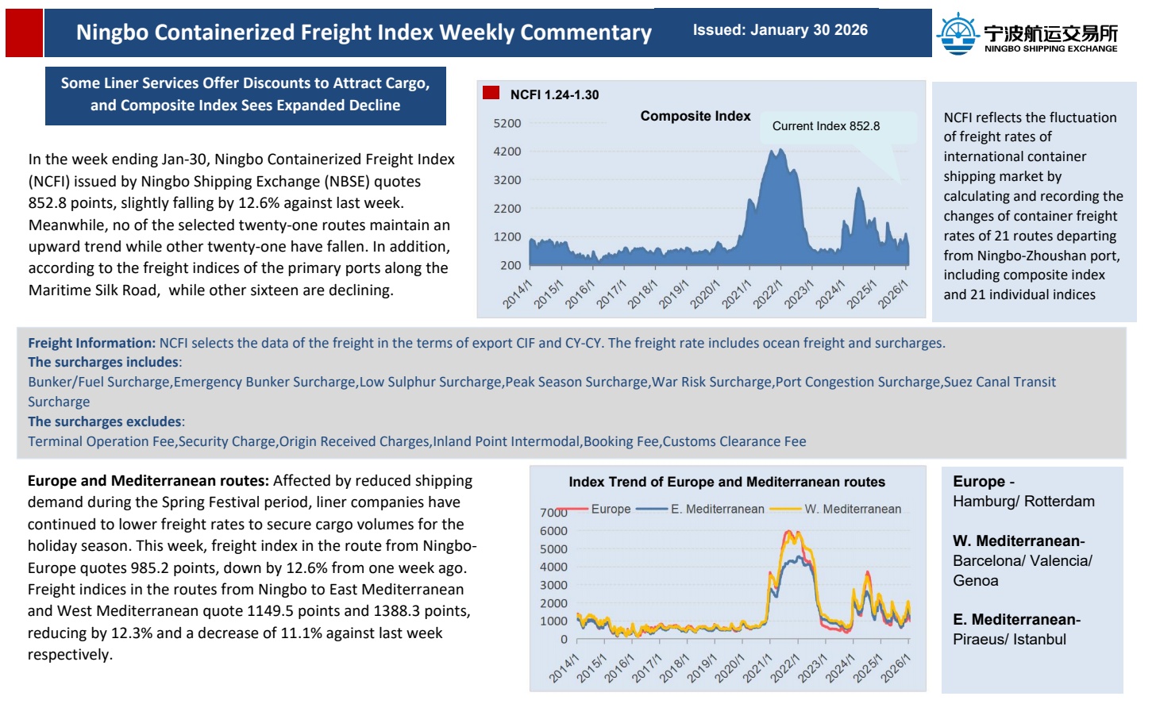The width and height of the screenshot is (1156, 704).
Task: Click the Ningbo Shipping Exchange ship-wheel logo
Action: tap(958, 33)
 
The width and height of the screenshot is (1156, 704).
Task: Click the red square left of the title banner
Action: tap(24, 33)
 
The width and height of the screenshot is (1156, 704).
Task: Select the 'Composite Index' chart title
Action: tap(695, 116)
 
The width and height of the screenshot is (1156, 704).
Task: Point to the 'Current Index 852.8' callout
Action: tap(826, 126)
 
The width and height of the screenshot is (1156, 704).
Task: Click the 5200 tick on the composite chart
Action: tap(507, 124)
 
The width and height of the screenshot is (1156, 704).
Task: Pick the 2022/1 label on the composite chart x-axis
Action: tap(767, 294)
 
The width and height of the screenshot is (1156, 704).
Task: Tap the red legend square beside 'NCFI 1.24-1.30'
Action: tap(491, 93)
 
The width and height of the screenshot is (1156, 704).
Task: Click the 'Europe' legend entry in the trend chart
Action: tap(611, 509)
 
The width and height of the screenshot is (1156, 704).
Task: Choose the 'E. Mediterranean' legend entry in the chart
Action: tap(717, 509)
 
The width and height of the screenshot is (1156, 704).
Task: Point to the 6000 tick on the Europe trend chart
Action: tap(553, 531)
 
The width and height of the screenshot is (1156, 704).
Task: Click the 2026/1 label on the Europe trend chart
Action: tap(896, 668)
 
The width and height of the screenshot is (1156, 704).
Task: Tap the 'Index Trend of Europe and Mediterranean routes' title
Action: tap(726, 482)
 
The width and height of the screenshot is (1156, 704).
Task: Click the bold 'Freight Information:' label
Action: tap(91, 343)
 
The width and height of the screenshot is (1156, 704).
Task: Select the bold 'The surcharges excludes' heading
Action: tap(104, 421)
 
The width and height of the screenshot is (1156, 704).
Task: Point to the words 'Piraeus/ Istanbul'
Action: tap(1009, 639)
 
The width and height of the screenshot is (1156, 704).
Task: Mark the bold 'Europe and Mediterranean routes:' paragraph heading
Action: tap(148, 480)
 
